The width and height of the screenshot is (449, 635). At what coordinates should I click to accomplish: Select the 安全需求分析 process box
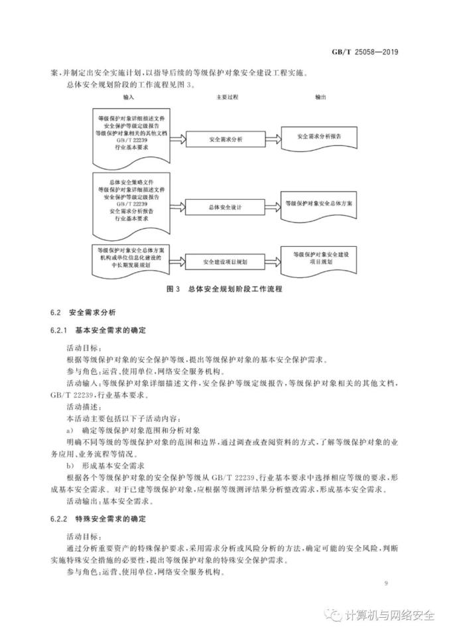point(225,141)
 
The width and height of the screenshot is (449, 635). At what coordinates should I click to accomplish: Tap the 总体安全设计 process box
point(225,207)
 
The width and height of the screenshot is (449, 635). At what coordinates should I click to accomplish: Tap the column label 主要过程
point(226,97)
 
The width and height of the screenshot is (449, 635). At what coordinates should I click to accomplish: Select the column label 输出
point(321,97)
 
